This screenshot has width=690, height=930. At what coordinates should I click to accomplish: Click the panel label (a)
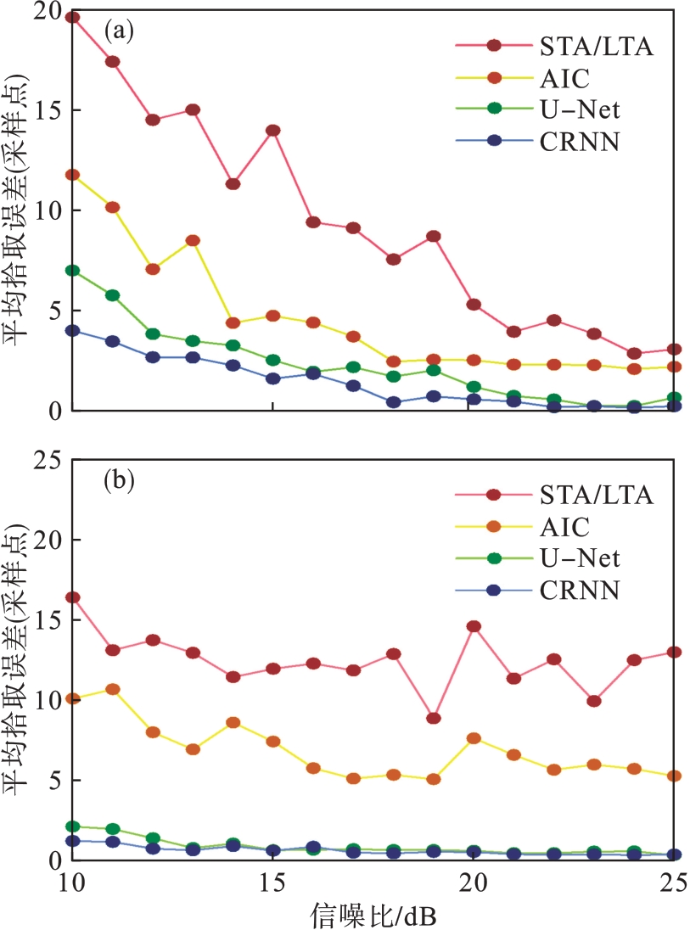[118, 31]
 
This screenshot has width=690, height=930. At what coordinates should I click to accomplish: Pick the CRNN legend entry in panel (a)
[577, 142]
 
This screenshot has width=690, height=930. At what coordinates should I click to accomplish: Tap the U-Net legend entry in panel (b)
[579, 558]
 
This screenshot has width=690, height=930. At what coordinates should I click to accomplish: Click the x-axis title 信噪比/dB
[373, 915]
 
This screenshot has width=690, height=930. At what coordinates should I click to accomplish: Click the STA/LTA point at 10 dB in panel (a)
[72, 17]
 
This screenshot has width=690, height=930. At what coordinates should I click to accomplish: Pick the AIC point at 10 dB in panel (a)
[72, 175]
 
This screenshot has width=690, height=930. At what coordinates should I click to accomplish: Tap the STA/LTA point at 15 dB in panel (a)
[272, 131]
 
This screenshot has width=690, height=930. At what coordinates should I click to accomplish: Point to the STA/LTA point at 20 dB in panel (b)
[473, 626]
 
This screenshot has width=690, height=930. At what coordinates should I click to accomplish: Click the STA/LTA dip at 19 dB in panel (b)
[433, 718]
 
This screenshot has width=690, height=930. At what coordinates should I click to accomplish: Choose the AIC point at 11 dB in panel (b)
[112, 689]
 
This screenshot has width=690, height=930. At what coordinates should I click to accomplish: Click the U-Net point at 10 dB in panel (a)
[72, 271]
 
